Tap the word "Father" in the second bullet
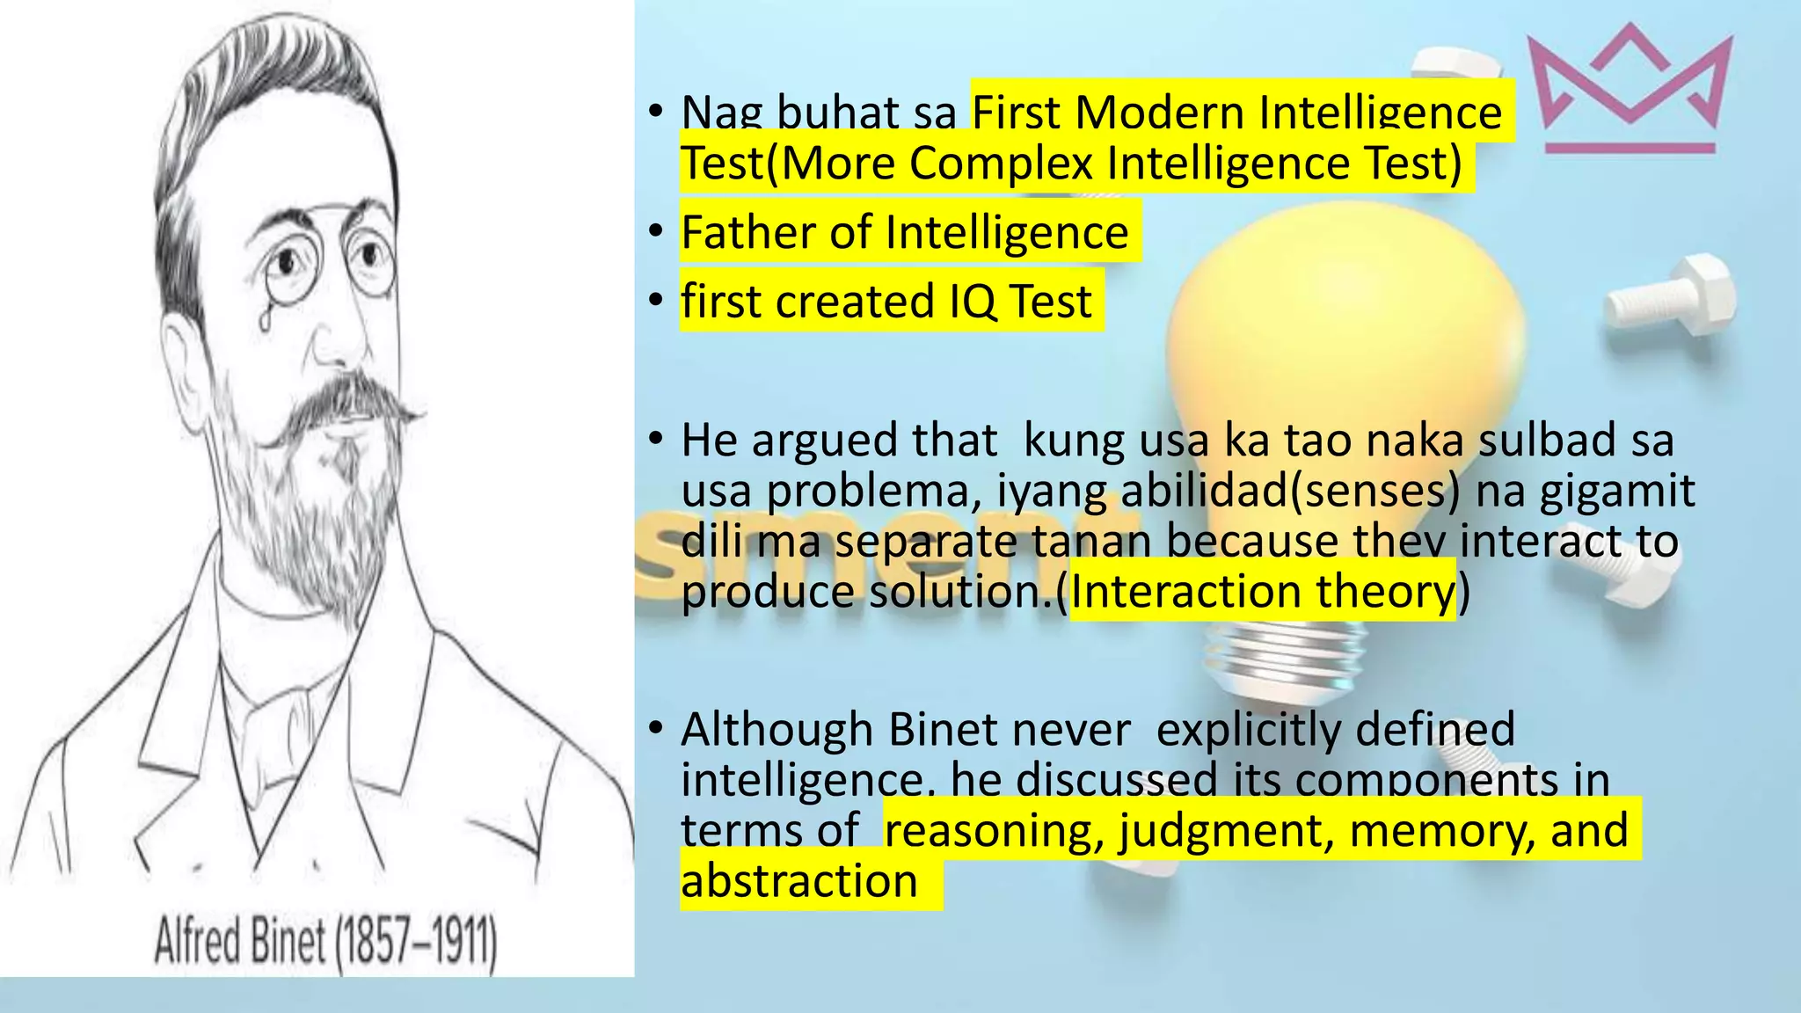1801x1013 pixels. [x=747, y=233]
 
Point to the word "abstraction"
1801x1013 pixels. [x=798, y=880]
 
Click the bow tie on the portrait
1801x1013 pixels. [x=281, y=717]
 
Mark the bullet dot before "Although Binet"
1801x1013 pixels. [x=655, y=728]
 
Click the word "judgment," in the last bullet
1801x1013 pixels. [x=1226, y=830]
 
